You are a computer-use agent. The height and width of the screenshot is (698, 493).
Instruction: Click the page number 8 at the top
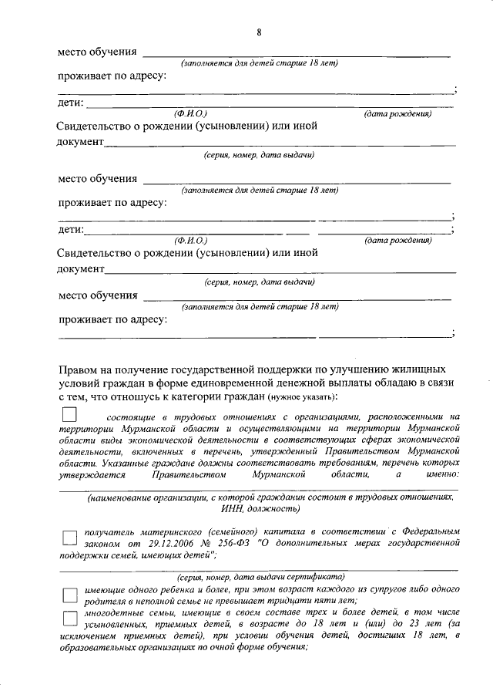tap(259, 32)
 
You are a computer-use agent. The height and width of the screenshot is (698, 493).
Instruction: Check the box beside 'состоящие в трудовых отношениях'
tap(70, 416)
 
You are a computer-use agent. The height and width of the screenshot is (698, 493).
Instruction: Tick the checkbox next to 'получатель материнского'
tap(70, 538)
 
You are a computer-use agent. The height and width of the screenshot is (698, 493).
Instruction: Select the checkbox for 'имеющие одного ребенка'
tap(70, 594)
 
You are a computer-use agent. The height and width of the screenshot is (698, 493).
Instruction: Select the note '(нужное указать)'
tap(303, 398)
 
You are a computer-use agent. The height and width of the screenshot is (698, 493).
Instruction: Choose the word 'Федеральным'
tap(432, 531)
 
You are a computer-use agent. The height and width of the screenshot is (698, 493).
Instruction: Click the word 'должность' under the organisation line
tap(272, 510)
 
